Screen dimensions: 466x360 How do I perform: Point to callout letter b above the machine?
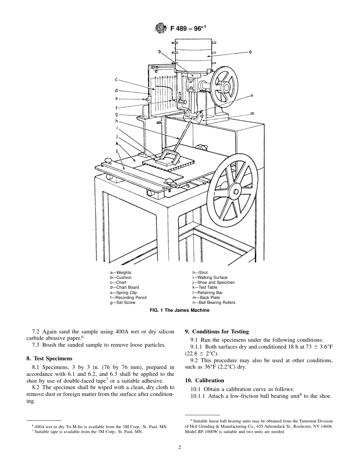(160, 51)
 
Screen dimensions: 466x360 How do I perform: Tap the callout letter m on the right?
(252, 113)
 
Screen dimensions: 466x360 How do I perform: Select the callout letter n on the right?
(252, 96)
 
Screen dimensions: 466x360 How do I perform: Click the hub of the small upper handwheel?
(222, 87)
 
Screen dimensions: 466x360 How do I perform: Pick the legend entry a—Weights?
(121, 272)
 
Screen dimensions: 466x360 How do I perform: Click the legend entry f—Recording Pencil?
(128, 297)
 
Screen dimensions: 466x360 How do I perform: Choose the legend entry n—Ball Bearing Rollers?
(214, 302)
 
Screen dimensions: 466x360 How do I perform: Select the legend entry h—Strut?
(200, 272)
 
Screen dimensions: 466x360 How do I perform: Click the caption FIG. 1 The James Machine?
(180, 310)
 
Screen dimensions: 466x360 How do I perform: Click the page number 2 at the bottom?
(180, 447)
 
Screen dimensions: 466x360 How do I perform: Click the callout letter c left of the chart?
(117, 80)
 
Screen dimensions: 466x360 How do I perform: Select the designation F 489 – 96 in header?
(186, 28)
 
